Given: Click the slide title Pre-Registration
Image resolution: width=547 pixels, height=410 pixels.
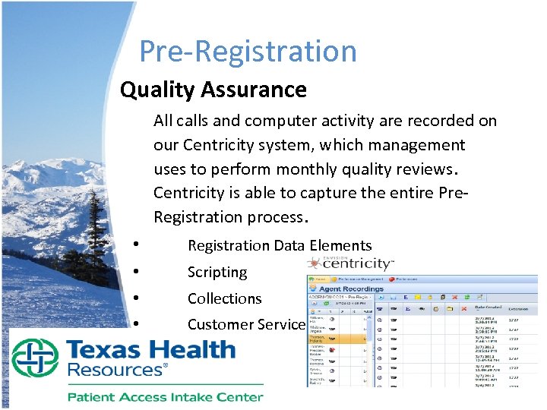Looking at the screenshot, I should pyautogui.click(x=248, y=51).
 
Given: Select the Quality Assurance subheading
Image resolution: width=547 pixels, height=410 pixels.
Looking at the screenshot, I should pyautogui.click(x=213, y=90).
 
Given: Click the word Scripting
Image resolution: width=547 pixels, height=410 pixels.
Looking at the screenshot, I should pyautogui.click(x=217, y=272).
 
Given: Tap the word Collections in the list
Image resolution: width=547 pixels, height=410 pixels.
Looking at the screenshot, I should pyautogui.click(x=224, y=298).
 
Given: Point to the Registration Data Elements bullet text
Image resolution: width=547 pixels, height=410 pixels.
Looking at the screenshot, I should pyautogui.click(x=280, y=245).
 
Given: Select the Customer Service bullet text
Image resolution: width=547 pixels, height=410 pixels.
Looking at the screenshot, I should pyautogui.click(x=245, y=324).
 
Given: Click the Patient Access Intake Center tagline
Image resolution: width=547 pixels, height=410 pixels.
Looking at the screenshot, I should pyautogui.click(x=165, y=396).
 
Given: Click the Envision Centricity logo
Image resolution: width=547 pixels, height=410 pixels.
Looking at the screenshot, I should pyautogui.click(x=350, y=263).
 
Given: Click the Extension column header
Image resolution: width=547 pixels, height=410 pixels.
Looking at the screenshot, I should pyautogui.click(x=520, y=309).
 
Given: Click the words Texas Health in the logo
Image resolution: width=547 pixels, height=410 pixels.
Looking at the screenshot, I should pyautogui.click(x=150, y=350).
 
